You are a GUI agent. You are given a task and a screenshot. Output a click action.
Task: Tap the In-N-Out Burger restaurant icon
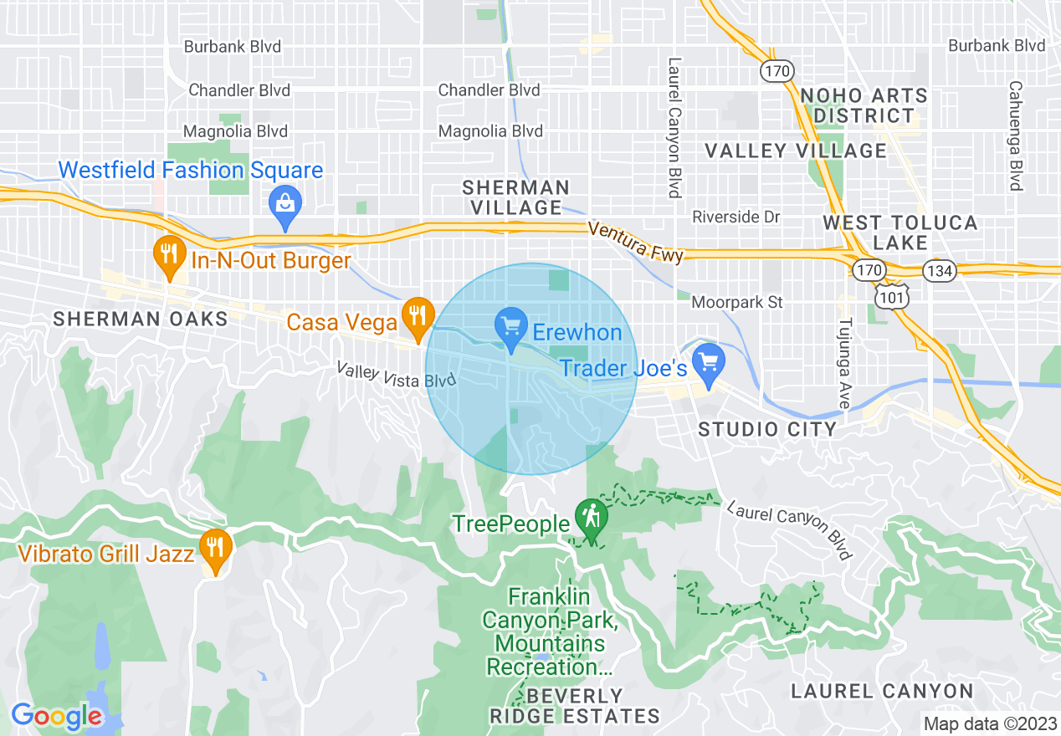[x=170, y=252]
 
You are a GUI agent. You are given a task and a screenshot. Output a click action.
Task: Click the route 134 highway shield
[x=940, y=270]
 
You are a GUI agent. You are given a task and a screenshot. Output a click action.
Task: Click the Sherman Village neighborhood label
[x=515, y=197]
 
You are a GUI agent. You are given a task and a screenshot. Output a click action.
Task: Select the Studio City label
[x=767, y=430]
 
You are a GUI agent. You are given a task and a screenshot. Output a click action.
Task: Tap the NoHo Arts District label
[x=864, y=105]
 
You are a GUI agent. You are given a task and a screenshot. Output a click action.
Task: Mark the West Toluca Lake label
[x=900, y=233]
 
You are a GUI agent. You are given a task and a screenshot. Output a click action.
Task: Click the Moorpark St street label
[x=737, y=302]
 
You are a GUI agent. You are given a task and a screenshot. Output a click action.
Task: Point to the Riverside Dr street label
[x=736, y=217]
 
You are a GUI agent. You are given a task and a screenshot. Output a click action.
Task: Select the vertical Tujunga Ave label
[x=844, y=362]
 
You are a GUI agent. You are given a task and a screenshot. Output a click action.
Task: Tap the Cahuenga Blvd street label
[x=1016, y=135]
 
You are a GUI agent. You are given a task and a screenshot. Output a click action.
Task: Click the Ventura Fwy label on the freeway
[x=635, y=242]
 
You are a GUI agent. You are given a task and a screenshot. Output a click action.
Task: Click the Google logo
[x=56, y=717]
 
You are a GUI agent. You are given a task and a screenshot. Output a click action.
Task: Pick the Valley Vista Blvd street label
[x=396, y=374]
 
